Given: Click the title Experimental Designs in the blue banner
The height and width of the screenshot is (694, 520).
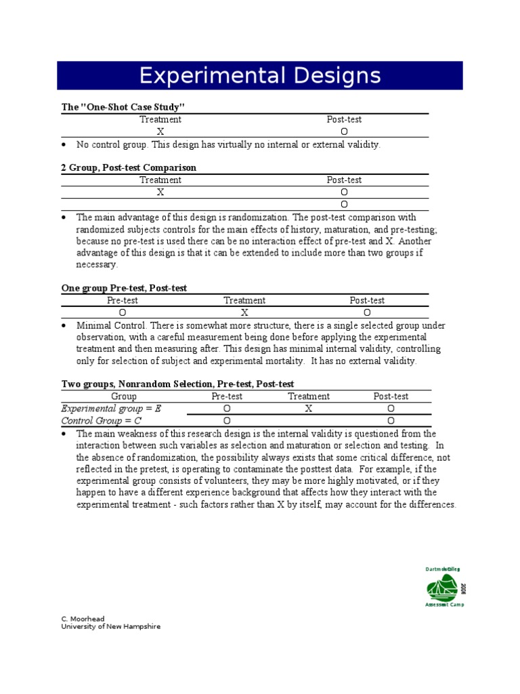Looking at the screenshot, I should coord(260,75).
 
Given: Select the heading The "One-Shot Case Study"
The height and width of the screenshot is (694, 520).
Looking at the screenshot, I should coord(123,107).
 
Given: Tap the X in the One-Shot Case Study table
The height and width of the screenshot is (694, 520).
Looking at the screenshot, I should coord(160,131).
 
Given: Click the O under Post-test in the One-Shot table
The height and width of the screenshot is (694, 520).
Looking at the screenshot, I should coord(344,131).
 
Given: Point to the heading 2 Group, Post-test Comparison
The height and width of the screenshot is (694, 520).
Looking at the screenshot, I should coord(129,167).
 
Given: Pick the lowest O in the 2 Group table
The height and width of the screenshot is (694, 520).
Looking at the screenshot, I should coord(344,204).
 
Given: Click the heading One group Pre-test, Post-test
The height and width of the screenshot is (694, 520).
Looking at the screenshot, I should coord(124,288).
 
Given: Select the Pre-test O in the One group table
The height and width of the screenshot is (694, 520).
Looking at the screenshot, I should coord(123,312).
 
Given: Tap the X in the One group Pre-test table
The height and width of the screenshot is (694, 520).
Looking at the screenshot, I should coord(244,312).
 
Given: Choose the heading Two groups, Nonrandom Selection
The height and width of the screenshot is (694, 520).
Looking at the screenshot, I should coord(177,384).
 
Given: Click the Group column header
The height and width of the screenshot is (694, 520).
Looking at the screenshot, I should coord(124,396).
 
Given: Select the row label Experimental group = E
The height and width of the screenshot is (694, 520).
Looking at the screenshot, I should coord(111,409).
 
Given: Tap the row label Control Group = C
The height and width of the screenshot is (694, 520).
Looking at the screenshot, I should coord(101,421).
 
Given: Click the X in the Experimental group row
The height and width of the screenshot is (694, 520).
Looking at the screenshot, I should coord(309,409).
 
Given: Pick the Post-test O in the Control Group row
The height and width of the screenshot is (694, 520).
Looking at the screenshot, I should coord(391,421).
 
